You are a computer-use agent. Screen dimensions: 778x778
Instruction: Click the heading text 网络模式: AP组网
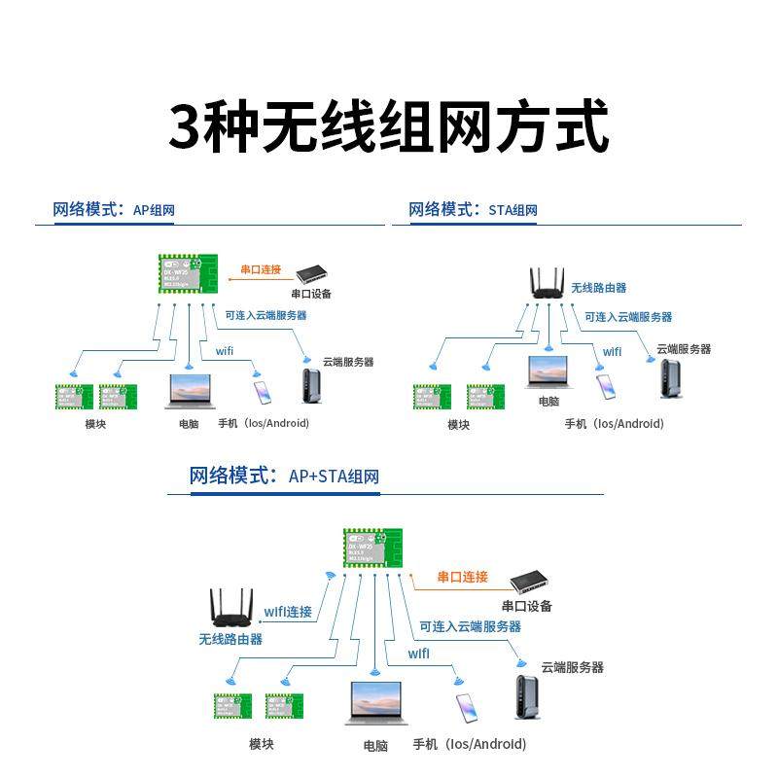[x=114, y=209]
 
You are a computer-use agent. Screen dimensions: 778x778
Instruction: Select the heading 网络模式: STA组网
[x=473, y=209]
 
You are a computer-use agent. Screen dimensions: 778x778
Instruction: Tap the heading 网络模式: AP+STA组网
[x=284, y=476]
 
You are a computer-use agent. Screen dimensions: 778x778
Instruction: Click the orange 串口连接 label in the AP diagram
[x=261, y=269]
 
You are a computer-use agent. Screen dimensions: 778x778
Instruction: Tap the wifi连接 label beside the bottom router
[x=289, y=612]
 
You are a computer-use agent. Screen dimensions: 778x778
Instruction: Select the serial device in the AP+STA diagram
[x=531, y=582]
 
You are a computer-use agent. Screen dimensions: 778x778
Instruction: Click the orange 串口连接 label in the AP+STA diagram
[x=463, y=577]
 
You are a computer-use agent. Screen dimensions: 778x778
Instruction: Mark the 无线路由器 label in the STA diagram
[x=598, y=288]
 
